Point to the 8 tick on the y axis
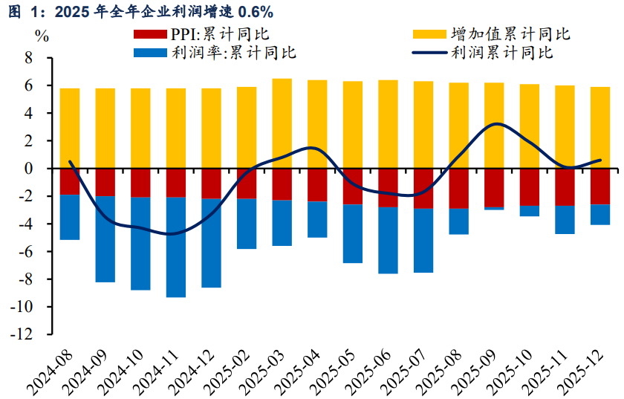tap(29, 58)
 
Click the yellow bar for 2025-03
tap(282, 123)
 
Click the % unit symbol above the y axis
tap(42, 36)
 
